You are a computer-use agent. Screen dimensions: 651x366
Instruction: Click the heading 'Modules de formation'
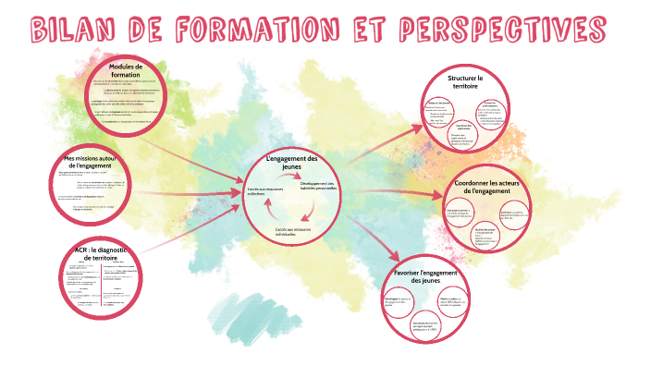pos(126,71)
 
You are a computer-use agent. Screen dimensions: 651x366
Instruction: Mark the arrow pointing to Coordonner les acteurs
pos(398,192)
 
